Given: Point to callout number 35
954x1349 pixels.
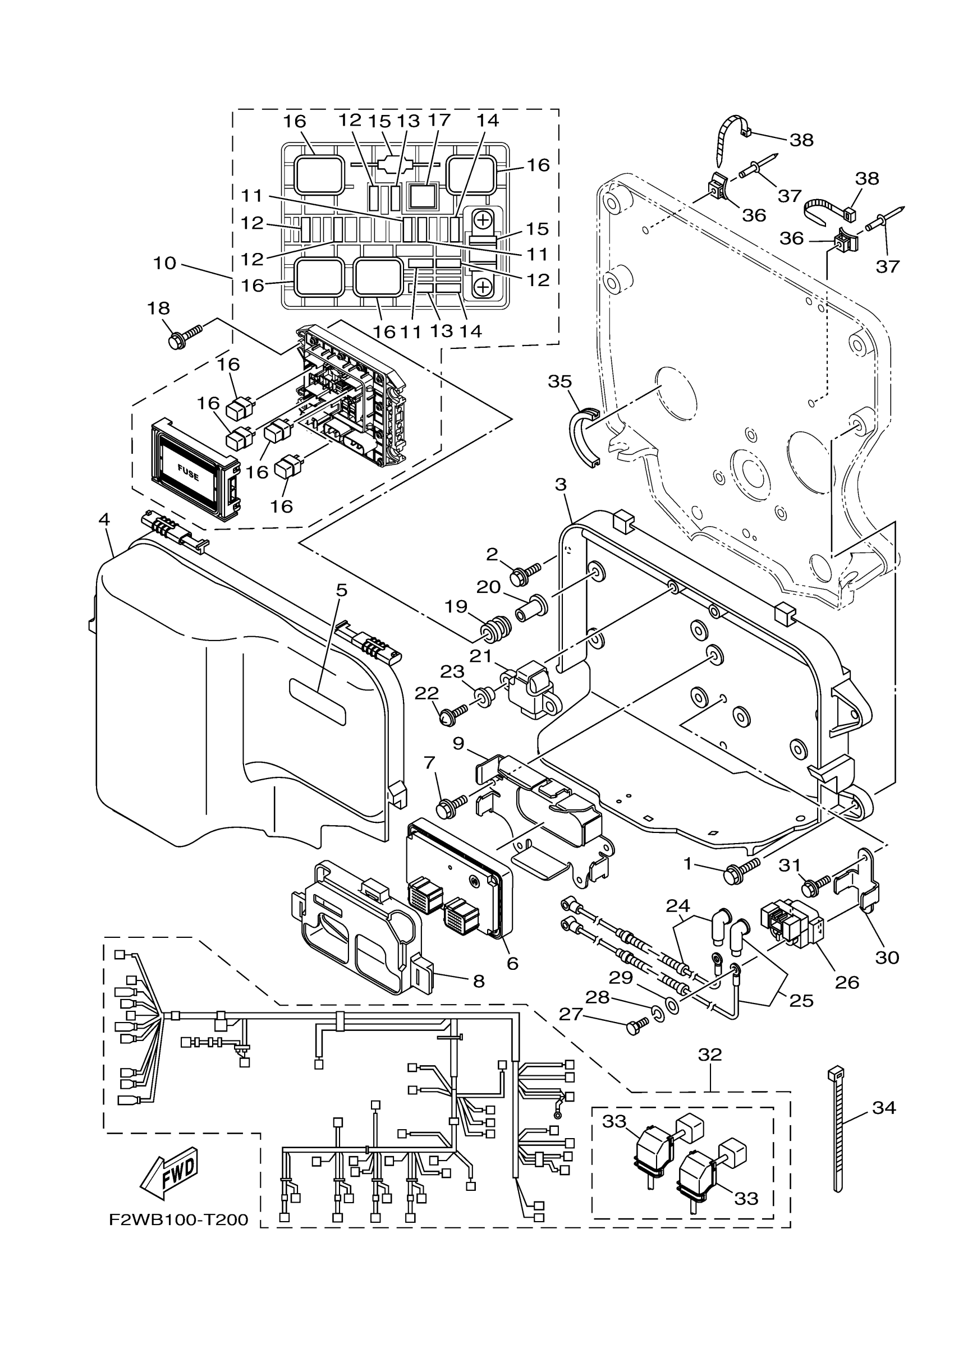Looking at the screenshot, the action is [559, 381].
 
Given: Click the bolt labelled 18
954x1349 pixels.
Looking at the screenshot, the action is [186, 336].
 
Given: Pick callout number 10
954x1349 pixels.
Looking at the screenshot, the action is [164, 263].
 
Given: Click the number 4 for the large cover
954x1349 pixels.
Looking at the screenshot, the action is [104, 519].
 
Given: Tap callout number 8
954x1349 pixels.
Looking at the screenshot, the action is [479, 980].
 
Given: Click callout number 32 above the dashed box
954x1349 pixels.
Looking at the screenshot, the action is [709, 1055].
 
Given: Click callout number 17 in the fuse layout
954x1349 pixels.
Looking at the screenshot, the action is [439, 120].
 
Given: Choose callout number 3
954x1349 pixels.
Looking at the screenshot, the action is [560, 485].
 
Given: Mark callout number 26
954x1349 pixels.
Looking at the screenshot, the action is [847, 982].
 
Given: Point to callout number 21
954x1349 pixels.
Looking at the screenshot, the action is [480, 655].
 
